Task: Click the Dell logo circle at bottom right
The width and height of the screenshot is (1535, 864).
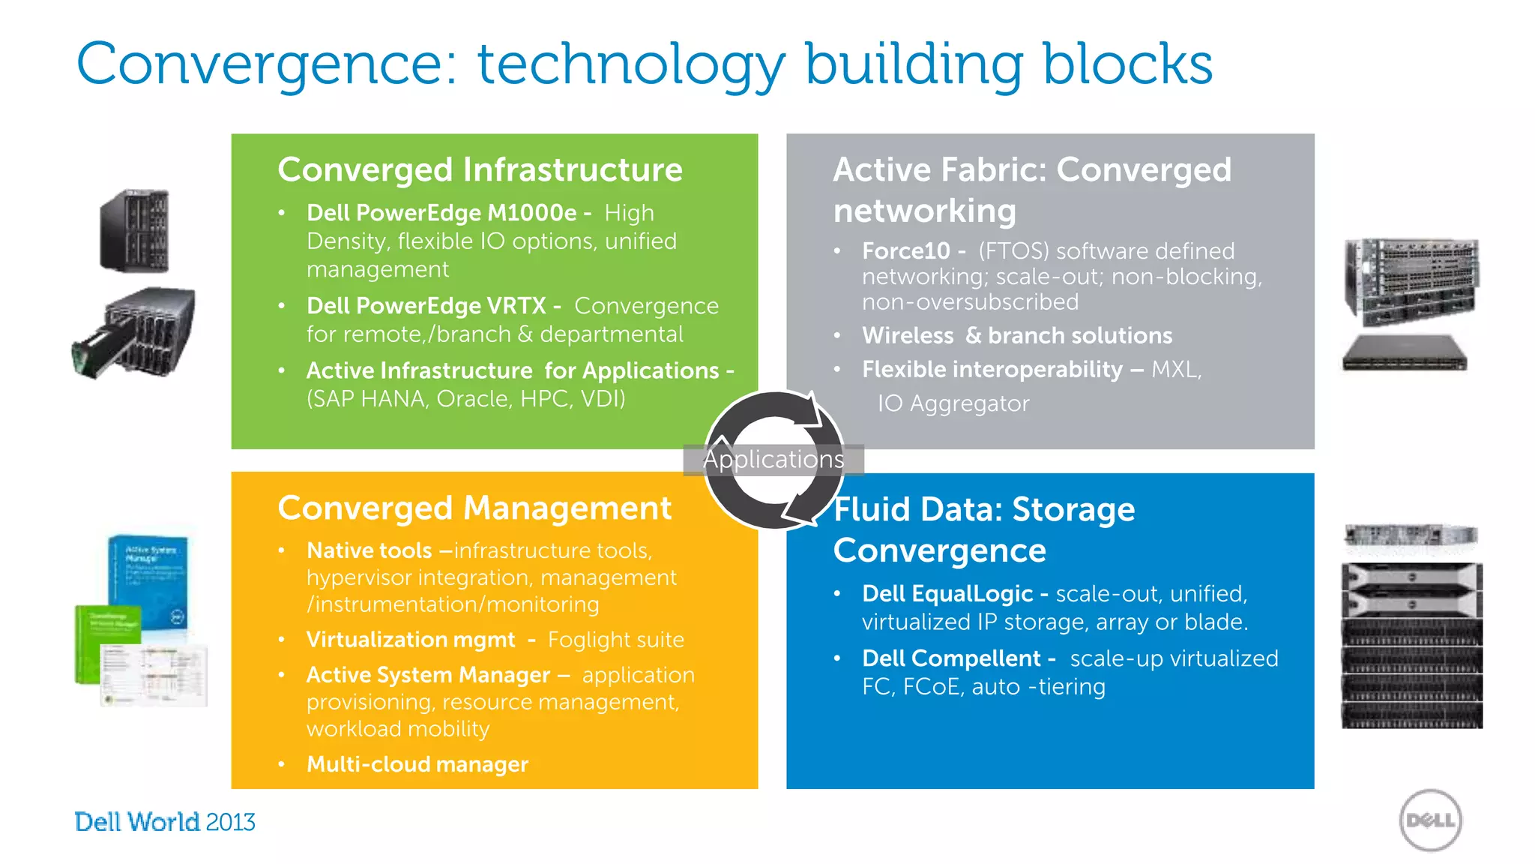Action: coord(1430,820)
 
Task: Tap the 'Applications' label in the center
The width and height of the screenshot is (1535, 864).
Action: coord(773,459)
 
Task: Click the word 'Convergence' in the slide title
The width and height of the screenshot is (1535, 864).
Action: coord(266,64)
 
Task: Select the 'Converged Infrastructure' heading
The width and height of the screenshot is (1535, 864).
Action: coord(480,169)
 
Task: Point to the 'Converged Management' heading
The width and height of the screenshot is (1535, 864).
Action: coord(474,508)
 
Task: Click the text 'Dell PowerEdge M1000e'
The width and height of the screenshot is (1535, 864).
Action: coord(441,213)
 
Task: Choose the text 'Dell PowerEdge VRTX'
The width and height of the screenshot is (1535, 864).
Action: coord(426,306)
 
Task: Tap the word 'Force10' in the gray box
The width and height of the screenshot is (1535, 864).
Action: coord(905,251)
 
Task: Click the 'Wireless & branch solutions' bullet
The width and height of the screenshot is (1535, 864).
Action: coord(1016,335)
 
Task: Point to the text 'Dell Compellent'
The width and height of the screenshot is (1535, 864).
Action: coord(950,658)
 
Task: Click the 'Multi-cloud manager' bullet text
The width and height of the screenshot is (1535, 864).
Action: coord(417,764)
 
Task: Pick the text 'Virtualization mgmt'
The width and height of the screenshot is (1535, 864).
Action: coord(411,640)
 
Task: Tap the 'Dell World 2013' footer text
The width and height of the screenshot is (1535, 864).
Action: coord(165,822)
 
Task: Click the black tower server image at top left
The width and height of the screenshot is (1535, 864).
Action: coord(135,230)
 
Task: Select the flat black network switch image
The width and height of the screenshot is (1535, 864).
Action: coord(1404,354)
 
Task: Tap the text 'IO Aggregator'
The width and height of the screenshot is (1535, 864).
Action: coord(953,403)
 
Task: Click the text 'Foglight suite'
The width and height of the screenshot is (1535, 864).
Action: coord(615,640)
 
